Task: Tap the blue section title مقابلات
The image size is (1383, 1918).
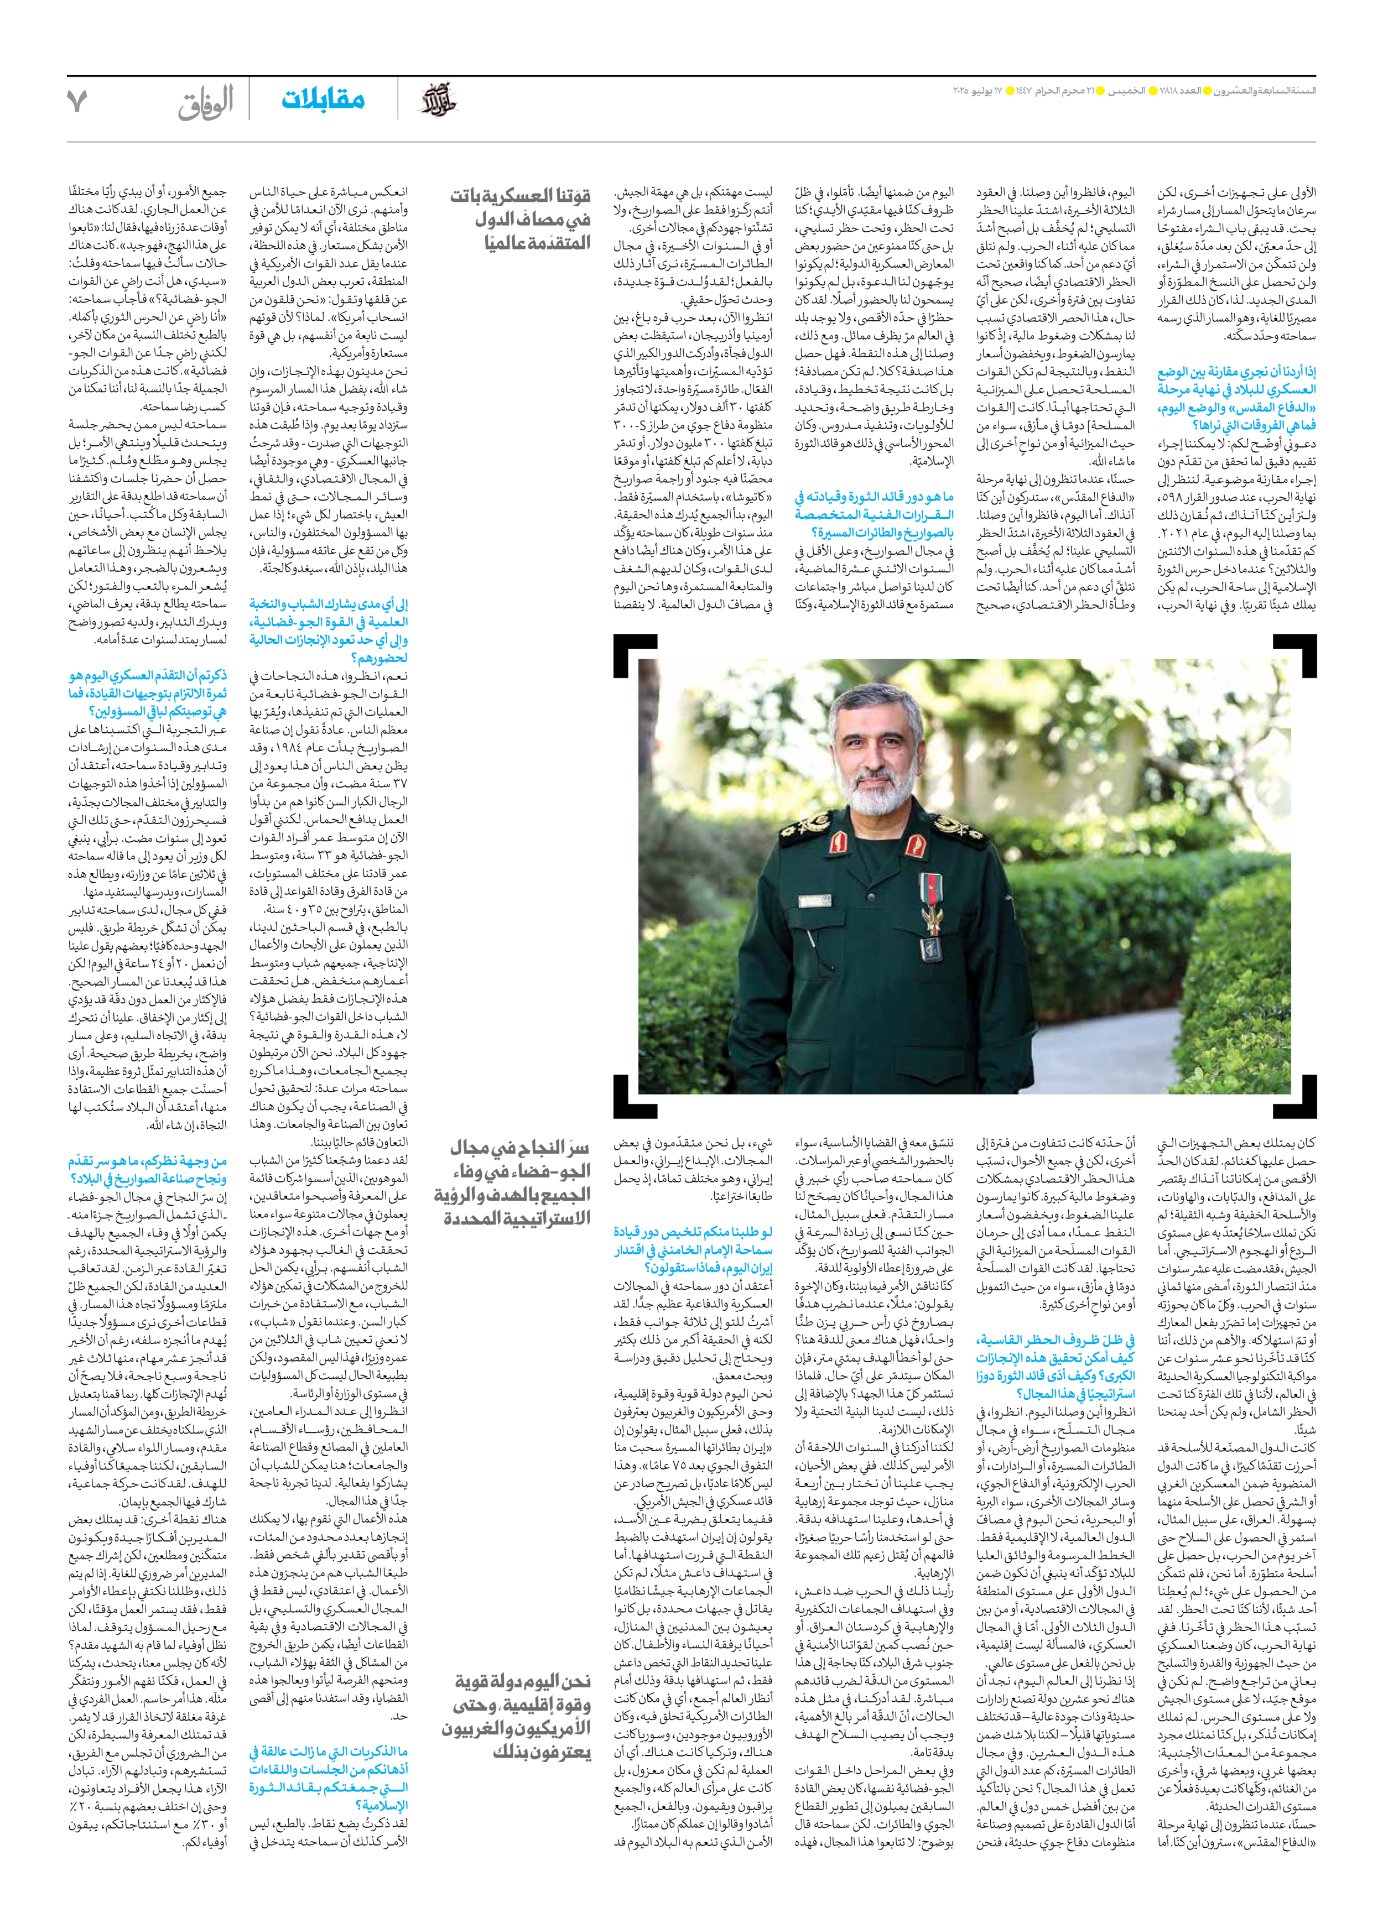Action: [323, 100]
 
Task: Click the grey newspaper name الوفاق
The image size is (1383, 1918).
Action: [206, 101]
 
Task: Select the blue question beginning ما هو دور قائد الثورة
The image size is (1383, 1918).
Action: [874, 514]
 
